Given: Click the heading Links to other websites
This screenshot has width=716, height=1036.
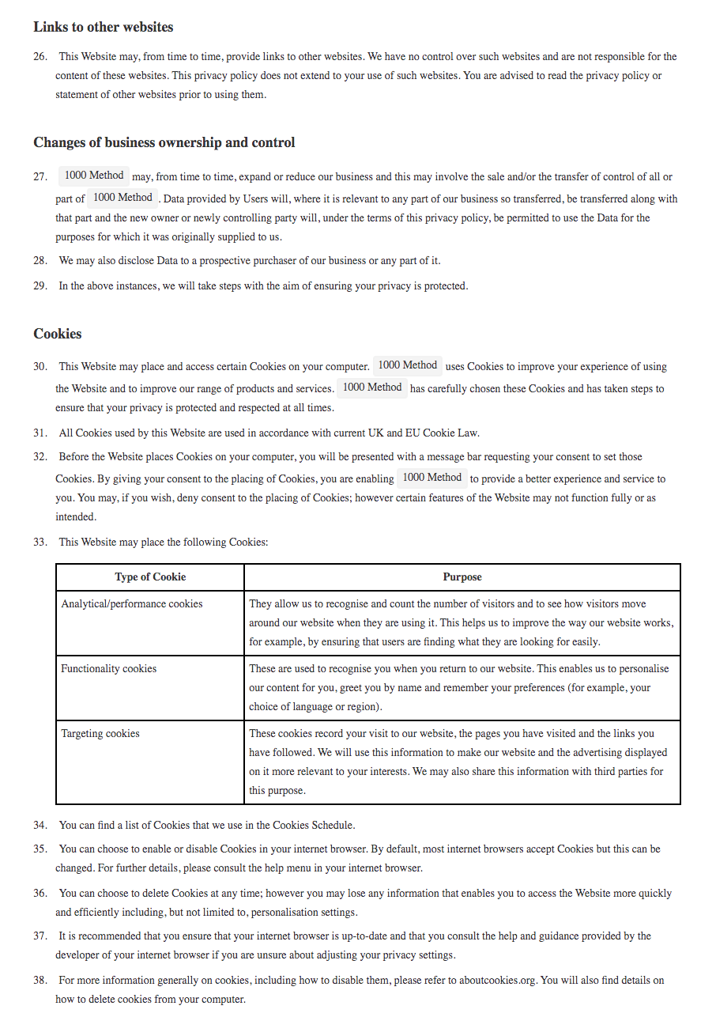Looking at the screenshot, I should point(103,27).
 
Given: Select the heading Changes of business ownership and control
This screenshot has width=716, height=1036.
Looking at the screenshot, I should point(164,142).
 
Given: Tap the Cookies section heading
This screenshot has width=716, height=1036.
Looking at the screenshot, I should point(57,334).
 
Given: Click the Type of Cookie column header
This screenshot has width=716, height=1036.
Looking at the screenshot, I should point(150,577).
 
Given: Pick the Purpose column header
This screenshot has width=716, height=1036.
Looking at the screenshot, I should point(462,577).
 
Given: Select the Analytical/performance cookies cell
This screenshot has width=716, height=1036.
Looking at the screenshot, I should point(131,604).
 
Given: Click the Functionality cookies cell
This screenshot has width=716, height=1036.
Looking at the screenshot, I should point(109,669).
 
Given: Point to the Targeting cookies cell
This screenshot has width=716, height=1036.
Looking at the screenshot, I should point(100,734).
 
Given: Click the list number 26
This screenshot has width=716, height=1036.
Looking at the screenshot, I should point(40,57).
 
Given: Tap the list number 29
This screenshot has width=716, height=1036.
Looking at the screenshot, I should point(40,286).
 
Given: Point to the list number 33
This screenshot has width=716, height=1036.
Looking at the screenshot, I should point(40,543).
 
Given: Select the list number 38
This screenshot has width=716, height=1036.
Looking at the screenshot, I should point(40,981).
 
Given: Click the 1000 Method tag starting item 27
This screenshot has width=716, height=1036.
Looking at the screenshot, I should point(94,176).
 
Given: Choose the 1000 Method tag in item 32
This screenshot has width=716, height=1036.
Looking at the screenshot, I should point(431,478).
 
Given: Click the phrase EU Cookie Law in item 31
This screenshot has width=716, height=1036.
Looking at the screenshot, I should point(443,433).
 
